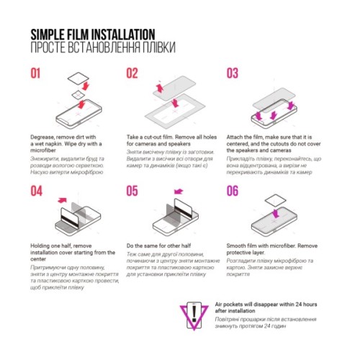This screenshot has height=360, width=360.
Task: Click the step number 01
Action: [x=38, y=73]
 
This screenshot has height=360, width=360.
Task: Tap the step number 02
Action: [x=132, y=73]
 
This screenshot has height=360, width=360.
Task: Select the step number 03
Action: [x=233, y=73]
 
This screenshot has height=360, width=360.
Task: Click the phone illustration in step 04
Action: [x=72, y=220]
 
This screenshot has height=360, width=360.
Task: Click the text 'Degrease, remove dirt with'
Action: [x=68, y=136]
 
